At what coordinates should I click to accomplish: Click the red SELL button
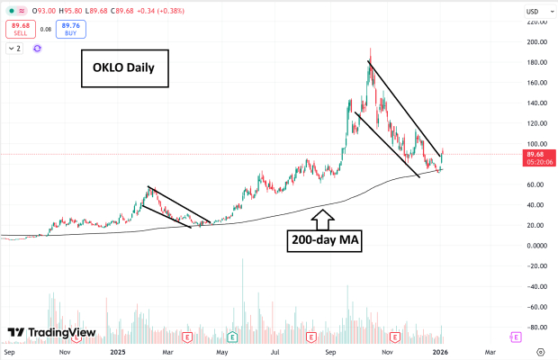(19, 29)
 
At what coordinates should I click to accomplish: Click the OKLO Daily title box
(125, 68)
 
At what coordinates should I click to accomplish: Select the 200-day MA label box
(324, 240)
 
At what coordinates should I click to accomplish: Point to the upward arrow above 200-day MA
(324, 217)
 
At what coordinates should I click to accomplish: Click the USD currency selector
(532, 11)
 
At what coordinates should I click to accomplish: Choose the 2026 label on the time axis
(442, 352)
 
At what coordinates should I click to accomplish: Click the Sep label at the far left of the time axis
(11, 352)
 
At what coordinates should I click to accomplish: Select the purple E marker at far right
(516, 337)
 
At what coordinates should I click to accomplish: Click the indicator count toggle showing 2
(14, 48)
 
